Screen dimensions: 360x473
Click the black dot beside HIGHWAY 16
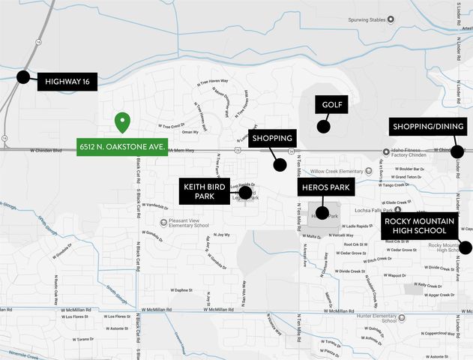(23, 76)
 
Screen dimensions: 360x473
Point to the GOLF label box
(332, 105)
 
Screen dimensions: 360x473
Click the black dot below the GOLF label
(323, 127)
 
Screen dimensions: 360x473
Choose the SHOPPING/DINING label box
(428, 127)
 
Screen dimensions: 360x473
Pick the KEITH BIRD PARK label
(205, 190)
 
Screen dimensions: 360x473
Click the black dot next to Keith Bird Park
(245, 193)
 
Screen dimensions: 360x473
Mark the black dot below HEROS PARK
(322, 213)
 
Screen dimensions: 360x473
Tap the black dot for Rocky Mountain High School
(466, 247)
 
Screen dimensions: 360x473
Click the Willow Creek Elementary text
(341, 171)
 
